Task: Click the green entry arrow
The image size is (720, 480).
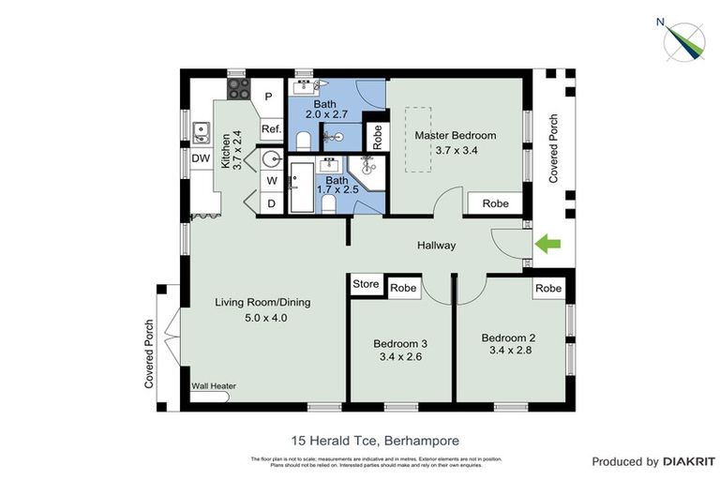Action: pyautogui.click(x=547, y=245)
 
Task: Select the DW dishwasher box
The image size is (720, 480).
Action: pyautogui.click(x=201, y=159)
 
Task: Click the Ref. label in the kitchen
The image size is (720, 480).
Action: pyautogui.click(x=271, y=129)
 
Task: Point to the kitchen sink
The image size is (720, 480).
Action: pyautogui.click(x=201, y=130)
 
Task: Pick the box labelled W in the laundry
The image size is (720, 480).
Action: pyautogui.click(x=271, y=180)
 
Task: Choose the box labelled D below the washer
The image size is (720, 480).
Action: pyautogui.click(x=271, y=203)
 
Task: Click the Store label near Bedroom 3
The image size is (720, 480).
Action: pyautogui.click(x=366, y=284)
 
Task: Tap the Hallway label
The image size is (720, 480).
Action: pyautogui.click(x=436, y=246)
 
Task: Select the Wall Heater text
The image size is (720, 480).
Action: pyautogui.click(x=214, y=385)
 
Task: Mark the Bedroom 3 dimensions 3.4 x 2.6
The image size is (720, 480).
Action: pyautogui.click(x=399, y=356)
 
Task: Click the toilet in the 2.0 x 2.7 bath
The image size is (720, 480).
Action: pyautogui.click(x=302, y=142)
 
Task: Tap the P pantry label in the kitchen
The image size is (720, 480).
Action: pyautogui.click(x=267, y=97)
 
